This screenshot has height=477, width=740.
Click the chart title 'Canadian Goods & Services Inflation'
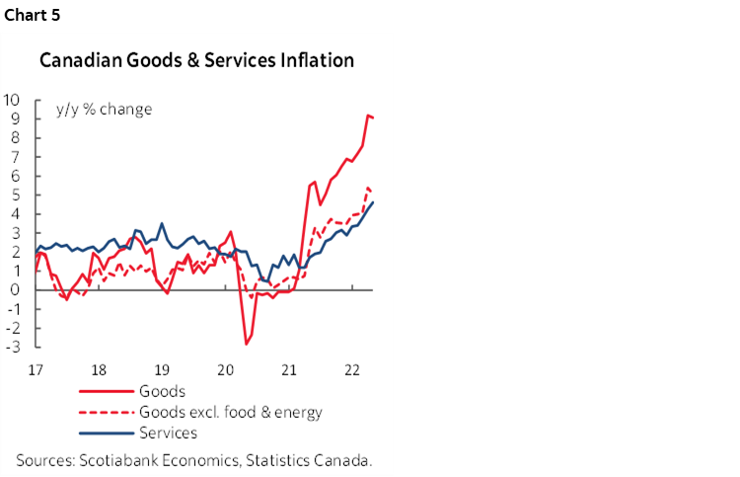tap(196, 61)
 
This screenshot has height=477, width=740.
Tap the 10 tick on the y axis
tap(14, 100)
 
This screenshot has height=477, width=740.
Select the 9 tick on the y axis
tap(18, 119)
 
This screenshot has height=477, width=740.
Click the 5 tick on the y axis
tap(18, 195)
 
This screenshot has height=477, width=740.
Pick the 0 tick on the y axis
tap(18, 289)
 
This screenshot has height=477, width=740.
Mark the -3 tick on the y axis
tap(15, 347)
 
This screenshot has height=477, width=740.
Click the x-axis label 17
tap(36, 369)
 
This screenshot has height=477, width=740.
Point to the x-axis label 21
tap(288, 369)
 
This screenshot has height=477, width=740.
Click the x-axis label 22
tap(350, 369)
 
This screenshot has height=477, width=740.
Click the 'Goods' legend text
tap(164, 391)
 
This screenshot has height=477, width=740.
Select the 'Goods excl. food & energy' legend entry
tap(232, 412)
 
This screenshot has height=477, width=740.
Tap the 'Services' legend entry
tap(170, 433)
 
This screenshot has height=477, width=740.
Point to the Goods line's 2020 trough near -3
tap(246, 344)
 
